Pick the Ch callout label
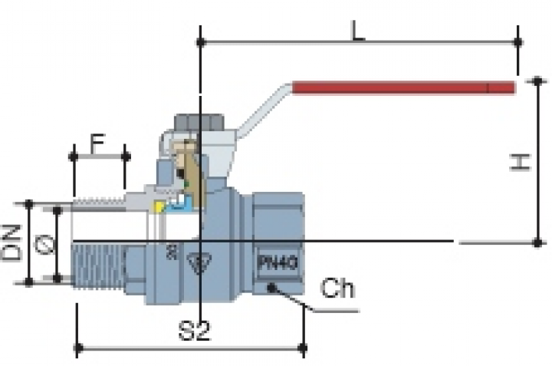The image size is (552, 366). (337, 289)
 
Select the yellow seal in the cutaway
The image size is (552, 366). (159, 206)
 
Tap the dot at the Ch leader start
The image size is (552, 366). (271, 288)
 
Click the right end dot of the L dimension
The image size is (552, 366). (518, 41)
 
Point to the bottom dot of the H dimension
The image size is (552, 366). (537, 242)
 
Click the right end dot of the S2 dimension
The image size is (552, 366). (304, 350)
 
